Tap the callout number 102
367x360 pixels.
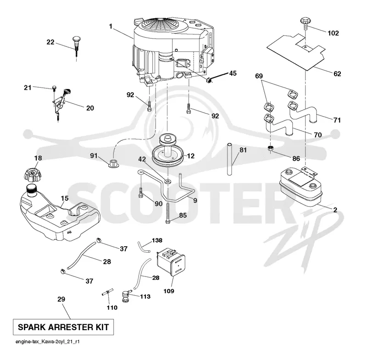tap(333, 33)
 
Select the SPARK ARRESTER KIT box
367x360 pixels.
tap(63, 327)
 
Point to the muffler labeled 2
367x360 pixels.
tap(300, 187)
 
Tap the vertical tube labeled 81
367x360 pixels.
tap(229, 159)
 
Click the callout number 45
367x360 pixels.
tap(233, 73)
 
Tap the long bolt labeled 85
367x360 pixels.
tap(167, 213)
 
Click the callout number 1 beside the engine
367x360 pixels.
tap(111, 27)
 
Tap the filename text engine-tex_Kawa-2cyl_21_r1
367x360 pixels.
tap(48, 342)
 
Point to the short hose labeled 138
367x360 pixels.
tap(143, 247)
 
